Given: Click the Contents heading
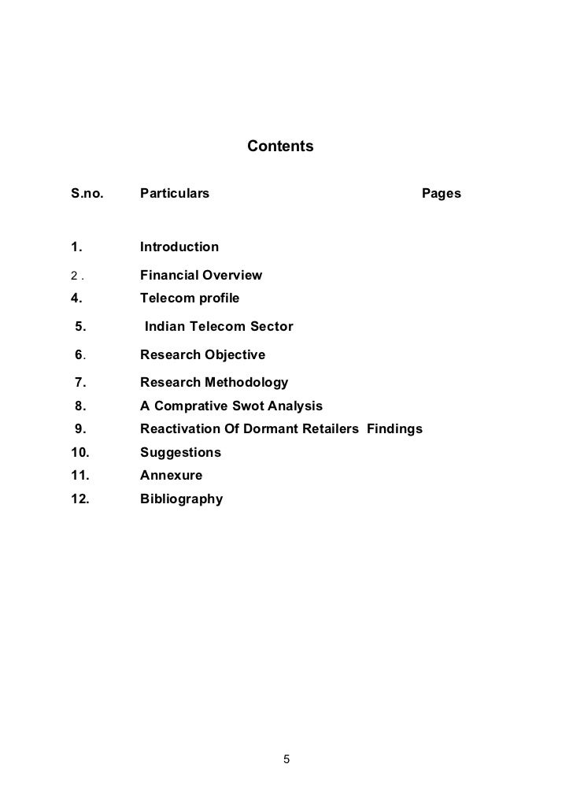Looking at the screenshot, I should [x=280, y=146].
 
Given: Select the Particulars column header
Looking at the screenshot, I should [x=175, y=194].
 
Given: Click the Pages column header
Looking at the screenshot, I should [x=442, y=194].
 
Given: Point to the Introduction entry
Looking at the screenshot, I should [x=179, y=247].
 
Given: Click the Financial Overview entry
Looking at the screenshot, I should [x=201, y=276].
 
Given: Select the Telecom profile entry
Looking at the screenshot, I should [x=190, y=298].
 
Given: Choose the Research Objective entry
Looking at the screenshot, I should [x=202, y=355].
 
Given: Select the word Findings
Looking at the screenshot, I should [x=394, y=429].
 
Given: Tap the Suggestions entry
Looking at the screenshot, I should [x=180, y=453].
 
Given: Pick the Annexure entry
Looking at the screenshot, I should [x=171, y=476].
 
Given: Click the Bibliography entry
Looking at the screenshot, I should [x=181, y=499].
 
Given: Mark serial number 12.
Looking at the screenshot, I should [x=79, y=499].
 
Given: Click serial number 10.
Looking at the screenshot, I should [x=79, y=453].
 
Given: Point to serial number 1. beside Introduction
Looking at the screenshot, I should [x=76, y=247].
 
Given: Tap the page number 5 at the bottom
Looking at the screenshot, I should [x=286, y=760].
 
